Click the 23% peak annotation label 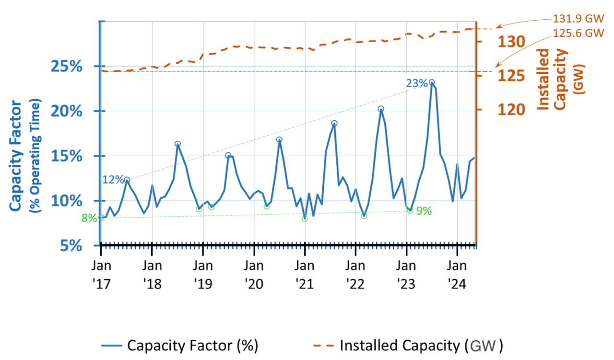click(x=416, y=83)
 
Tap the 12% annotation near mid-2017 click(x=112, y=180)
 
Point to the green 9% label click(x=424, y=210)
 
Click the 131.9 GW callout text click(x=578, y=21)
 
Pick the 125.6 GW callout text click(x=578, y=33)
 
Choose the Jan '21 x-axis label click(x=305, y=274)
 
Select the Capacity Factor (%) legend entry click(x=180, y=345)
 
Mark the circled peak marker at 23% click(x=432, y=82)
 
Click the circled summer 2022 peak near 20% click(x=381, y=109)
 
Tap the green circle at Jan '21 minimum click(x=305, y=219)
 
